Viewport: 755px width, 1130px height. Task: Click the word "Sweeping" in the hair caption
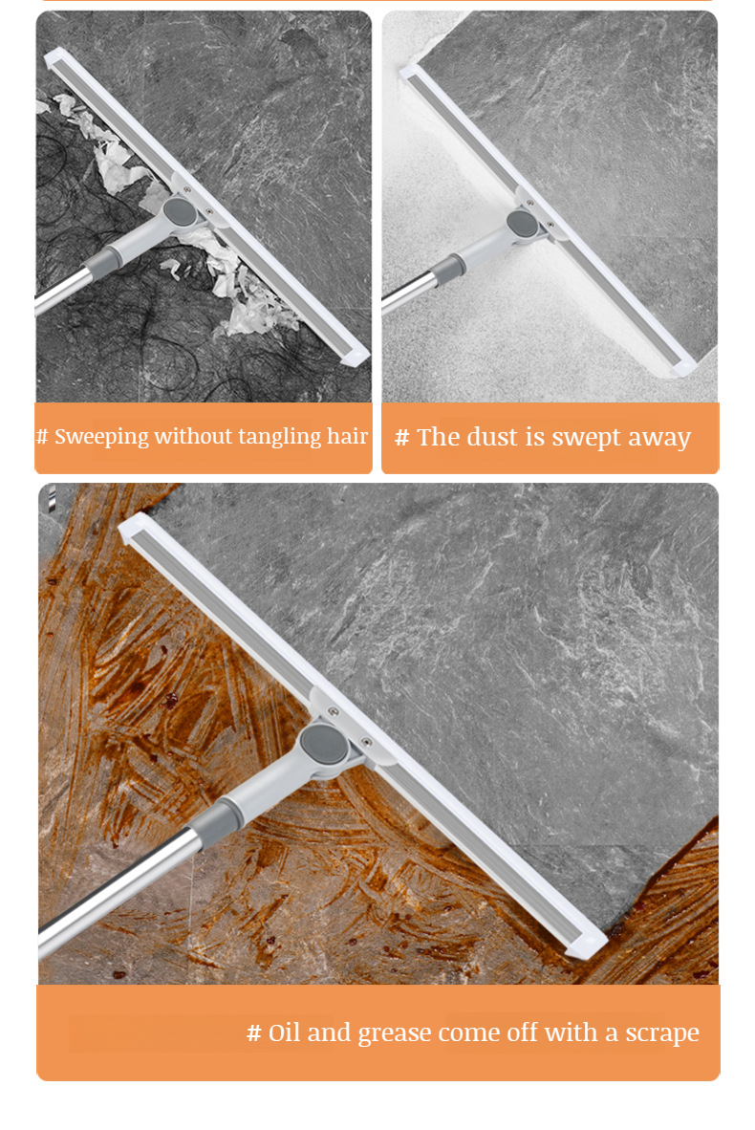(101, 437)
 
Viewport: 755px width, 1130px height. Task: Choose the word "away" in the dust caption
(659, 438)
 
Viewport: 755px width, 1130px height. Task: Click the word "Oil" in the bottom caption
(284, 1032)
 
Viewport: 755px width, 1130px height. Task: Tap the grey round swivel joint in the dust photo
(522, 224)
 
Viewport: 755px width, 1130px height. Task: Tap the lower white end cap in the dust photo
(684, 365)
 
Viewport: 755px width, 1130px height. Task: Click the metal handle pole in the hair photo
(62, 292)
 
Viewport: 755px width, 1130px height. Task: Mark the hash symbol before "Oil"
(253, 1032)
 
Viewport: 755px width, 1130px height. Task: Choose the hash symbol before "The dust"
(401, 438)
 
